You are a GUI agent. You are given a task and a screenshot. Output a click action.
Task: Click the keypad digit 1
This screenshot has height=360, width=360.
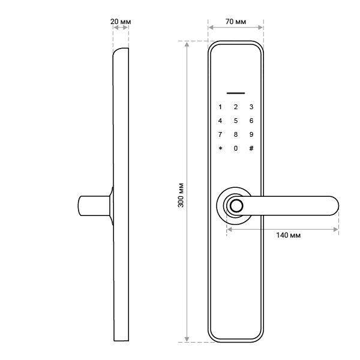tap(220, 107)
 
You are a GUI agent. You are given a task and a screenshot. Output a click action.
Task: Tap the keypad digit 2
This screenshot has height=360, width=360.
tap(236, 107)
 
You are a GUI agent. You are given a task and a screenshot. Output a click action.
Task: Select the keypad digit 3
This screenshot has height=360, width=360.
tap(251, 107)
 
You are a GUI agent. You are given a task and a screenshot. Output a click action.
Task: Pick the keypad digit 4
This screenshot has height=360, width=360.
tap(220, 121)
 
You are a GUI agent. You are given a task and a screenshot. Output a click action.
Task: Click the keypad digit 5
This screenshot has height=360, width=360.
tap(236, 121)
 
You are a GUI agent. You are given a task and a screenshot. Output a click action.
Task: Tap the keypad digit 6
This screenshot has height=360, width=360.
tap(251, 121)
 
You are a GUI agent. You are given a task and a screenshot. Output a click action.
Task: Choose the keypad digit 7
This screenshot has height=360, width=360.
tap(220, 134)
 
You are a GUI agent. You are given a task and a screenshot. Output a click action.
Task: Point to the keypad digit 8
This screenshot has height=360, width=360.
tap(236, 134)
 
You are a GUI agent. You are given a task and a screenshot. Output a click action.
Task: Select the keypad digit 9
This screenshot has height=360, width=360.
tap(251, 134)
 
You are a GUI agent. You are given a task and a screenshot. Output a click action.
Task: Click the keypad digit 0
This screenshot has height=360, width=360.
tap(236, 148)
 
